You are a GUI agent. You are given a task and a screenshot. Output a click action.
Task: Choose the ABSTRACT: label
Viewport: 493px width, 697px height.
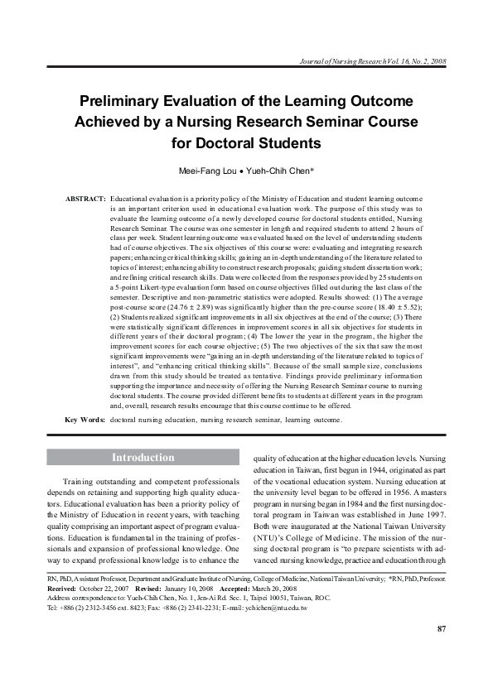85,200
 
